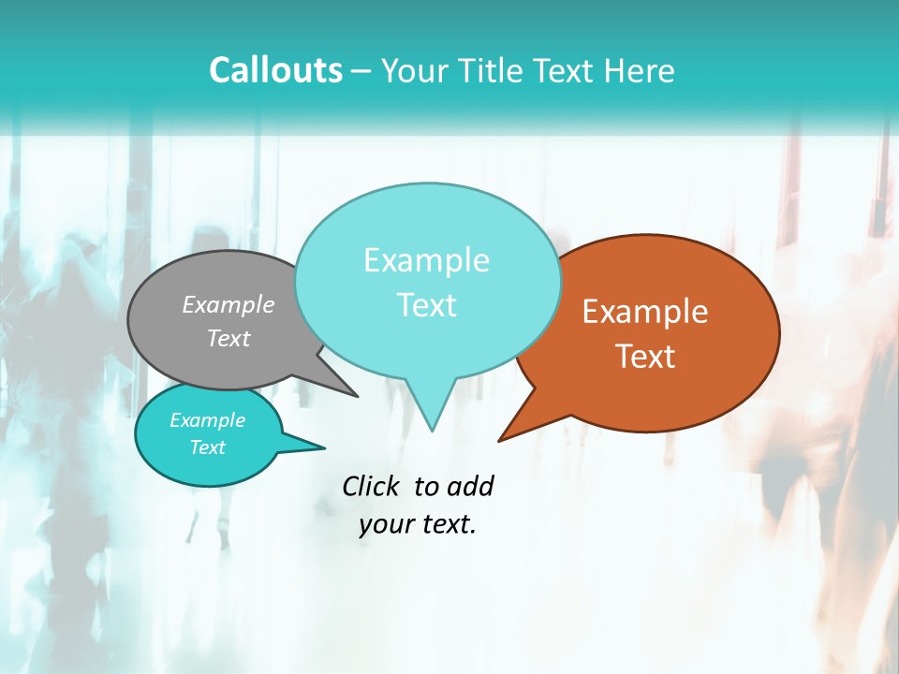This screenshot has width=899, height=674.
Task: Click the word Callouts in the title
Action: [275, 70]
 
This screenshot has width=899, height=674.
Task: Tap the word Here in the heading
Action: [641, 70]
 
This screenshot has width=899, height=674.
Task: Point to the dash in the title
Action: [362, 71]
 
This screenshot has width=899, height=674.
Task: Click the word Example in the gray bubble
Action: [228, 304]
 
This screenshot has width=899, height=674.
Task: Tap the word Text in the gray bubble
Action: [228, 338]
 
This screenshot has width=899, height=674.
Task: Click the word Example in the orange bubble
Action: [645, 312]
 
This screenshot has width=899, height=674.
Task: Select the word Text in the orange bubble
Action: [646, 356]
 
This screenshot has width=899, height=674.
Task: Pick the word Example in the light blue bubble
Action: [426, 260]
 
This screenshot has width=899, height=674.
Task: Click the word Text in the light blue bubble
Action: [427, 305]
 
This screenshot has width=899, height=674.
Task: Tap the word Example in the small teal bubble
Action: [208, 420]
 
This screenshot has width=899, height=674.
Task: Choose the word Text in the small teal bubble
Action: [208, 447]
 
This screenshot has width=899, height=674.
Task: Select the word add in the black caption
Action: [470, 486]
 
